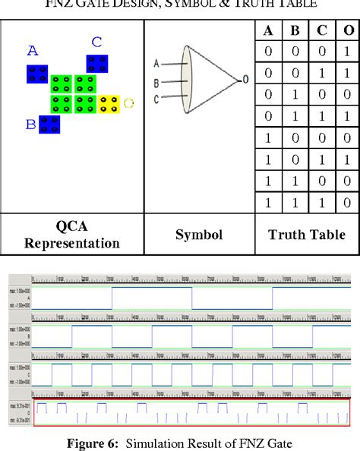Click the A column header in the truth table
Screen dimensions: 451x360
point(268,31)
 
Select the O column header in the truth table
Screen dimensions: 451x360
point(348,31)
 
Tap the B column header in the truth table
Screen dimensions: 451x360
point(295,31)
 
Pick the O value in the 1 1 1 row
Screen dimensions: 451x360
point(348,203)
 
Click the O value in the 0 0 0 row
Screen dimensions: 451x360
point(348,52)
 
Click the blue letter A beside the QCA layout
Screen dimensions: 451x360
point(32,52)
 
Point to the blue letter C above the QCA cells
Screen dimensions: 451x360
point(96,43)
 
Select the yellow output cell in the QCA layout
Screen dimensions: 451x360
point(109,102)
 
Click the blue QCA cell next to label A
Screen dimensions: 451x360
point(37,74)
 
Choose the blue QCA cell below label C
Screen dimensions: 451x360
point(96,63)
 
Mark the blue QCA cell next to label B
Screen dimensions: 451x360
point(50,125)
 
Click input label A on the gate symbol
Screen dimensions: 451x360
point(156,63)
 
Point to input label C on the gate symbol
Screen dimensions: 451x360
point(156,97)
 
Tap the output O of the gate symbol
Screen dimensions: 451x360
point(245,79)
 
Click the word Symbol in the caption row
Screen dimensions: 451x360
point(198,235)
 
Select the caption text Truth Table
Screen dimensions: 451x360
point(307,235)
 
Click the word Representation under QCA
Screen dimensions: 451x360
point(72,243)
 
